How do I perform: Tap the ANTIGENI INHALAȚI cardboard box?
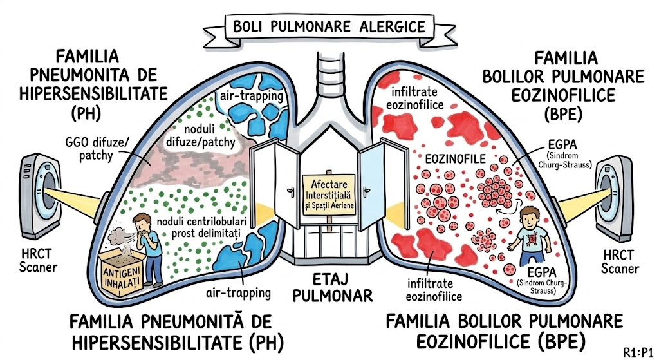click(x=124, y=271)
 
